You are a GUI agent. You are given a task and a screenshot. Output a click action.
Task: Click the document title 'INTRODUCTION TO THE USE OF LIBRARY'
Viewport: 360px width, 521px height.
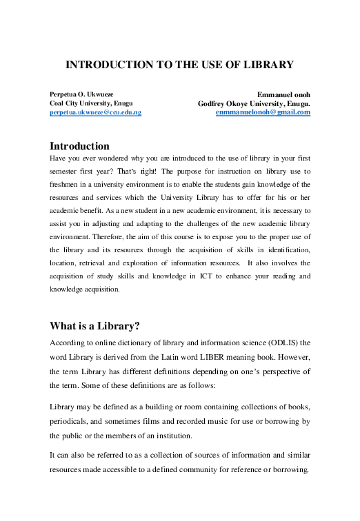pyautogui.click(x=179, y=65)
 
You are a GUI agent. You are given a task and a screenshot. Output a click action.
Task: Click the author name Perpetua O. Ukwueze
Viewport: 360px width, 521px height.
pyautogui.click(x=82, y=94)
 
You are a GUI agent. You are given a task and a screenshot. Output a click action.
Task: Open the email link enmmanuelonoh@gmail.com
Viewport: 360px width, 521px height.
pyautogui.click(x=263, y=112)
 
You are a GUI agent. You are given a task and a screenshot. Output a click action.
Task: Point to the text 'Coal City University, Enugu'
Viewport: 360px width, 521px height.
pyautogui.click(x=87, y=103)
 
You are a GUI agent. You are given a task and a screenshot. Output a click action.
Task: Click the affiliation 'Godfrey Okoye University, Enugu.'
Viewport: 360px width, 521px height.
pyautogui.click(x=254, y=103)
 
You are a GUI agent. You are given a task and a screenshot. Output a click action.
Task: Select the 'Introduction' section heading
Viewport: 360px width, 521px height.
pyautogui.click(x=79, y=146)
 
